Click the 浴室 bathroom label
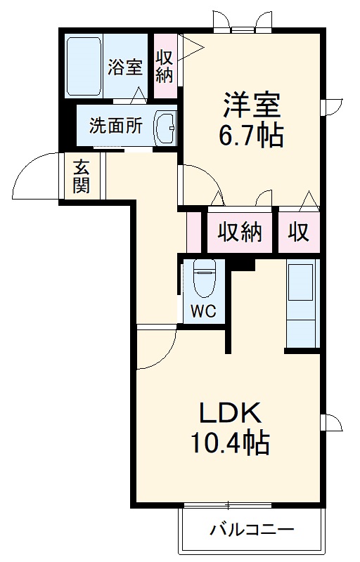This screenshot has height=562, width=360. pos(126,68)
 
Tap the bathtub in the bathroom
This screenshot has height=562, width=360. pos(84,67)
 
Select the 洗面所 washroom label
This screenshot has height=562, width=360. pos(115,126)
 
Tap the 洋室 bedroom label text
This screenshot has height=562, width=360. pos(252,105)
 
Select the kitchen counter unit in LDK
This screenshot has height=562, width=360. pos(303,303)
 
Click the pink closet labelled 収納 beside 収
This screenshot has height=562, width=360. pos(239,233)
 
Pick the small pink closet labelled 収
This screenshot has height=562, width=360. pos(299,233)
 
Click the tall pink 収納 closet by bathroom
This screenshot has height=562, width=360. pos(165,65)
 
